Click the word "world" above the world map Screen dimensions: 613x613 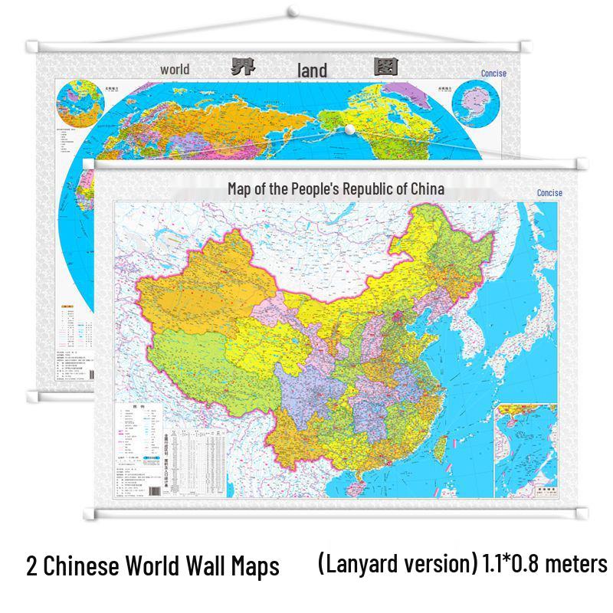point(175,70)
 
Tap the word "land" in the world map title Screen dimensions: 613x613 point(312,71)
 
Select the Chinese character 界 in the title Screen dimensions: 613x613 point(243,67)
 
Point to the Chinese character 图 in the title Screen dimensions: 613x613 point(385,67)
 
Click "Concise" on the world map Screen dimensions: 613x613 point(493,74)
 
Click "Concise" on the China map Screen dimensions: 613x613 point(549,193)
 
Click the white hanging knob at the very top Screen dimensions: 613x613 point(293,11)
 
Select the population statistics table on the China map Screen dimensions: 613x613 point(203,460)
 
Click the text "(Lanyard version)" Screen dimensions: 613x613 point(397,565)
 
